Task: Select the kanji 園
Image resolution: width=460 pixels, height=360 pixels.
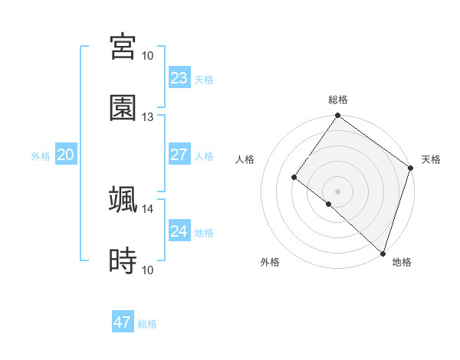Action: click(x=123, y=108)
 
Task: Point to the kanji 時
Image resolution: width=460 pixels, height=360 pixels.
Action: click(x=123, y=261)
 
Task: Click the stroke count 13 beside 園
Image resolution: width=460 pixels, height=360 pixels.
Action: click(x=148, y=117)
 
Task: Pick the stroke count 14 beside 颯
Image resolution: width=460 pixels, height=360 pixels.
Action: click(x=148, y=208)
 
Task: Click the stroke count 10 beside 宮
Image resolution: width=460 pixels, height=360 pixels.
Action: click(x=148, y=56)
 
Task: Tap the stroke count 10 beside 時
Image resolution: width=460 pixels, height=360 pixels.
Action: click(x=148, y=270)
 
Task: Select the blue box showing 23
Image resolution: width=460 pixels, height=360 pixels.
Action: click(x=179, y=78)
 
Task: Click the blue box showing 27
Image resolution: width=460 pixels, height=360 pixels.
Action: click(x=179, y=155)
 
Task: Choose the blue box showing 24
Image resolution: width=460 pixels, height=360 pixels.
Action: click(x=179, y=231)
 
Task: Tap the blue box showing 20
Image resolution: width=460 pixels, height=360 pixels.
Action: click(x=65, y=155)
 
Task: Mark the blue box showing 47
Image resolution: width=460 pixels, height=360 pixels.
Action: click(x=123, y=322)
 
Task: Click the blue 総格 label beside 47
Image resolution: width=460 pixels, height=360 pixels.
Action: click(x=147, y=324)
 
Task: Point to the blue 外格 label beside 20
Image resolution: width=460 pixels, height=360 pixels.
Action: click(x=41, y=156)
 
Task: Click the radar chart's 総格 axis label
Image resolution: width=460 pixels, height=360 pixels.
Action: click(x=338, y=100)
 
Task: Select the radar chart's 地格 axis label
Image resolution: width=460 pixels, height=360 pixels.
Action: click(x=402, y=263)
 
